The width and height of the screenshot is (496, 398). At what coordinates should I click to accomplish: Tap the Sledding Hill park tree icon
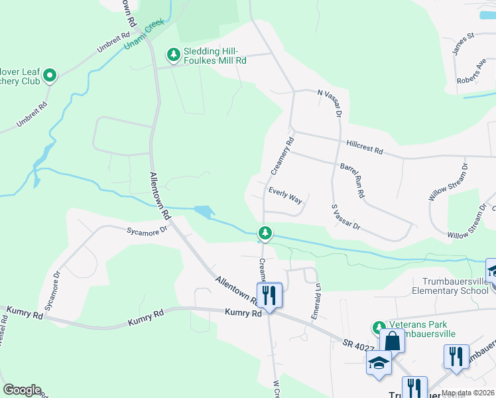point(173,54)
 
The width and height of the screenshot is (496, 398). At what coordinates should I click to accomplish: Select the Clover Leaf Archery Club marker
point(50,77)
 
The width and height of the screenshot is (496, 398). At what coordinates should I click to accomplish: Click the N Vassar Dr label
point(329,103)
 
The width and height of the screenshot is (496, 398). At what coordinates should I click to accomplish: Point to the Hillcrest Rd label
point(364,147)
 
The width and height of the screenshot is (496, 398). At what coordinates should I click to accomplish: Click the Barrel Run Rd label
point(353,180)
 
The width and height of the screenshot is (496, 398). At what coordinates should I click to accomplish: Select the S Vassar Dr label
point(345,217)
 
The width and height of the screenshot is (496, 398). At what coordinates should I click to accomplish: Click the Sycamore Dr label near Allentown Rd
point(149,230)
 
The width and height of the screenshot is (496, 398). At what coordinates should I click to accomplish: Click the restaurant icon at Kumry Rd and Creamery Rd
point(269,294)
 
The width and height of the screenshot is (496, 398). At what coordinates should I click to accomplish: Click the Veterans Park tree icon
point(379,327)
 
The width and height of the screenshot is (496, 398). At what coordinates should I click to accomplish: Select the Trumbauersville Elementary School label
point(450,286)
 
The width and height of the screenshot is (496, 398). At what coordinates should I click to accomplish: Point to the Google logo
point(22,390)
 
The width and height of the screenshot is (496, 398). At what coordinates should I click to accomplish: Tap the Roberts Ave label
point(471,72)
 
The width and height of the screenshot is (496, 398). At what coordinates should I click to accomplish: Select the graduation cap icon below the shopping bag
point(379,363)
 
